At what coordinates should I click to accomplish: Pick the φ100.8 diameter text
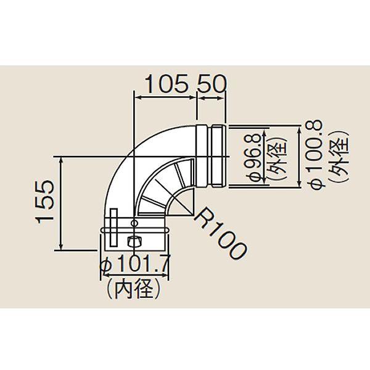314,154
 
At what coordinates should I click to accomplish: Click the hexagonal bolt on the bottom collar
133,240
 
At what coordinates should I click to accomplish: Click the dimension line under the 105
165,96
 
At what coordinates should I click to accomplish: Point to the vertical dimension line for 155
62,203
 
